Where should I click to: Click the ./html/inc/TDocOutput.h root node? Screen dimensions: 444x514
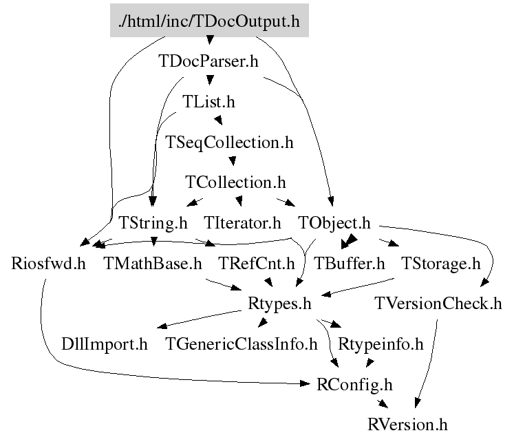[x=209, y=21]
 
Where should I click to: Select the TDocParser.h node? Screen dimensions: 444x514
[x=208, y=62]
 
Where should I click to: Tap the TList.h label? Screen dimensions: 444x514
[x=208, y=103]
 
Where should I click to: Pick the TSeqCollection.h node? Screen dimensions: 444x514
[x=230, y=142]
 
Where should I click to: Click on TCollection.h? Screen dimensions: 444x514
[x=235, y=182]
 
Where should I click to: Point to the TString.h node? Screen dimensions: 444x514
[x=153, y=223]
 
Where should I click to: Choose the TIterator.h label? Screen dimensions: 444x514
[x=243, y=223]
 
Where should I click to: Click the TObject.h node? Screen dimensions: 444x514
[x=334, y=223]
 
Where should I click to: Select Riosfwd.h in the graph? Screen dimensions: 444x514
[x=49, y=263]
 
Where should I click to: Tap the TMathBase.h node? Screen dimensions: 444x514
[x=152, y=263]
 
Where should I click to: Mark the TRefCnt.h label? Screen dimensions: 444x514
[x=256, y=263]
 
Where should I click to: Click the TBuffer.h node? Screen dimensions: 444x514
[x=350, y=263]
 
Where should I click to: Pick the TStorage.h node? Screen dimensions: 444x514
[x=440, y=263]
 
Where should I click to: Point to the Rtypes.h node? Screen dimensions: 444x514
[x=279, y=303]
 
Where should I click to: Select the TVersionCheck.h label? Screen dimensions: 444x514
[x=438, y=303]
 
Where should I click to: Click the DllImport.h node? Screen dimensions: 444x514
[x=105, y=343]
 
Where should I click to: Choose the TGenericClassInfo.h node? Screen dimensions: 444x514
[x=242, y=343]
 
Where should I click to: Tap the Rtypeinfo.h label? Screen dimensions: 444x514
[x=380, y=343]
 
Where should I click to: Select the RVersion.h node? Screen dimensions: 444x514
[x=408, y=424]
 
